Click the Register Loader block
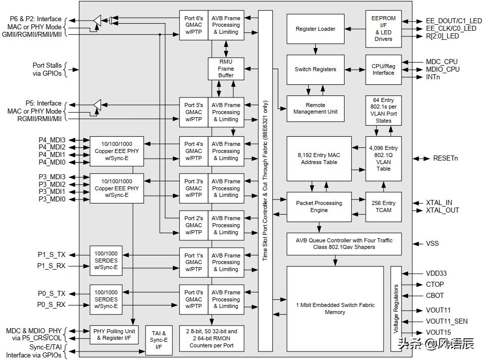[x=315, y=29]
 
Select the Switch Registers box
[x=315, y=69]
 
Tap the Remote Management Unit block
[x=315, y=109]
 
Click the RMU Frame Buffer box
[x=226, y=69]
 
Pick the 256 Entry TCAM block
[x=383, y=207]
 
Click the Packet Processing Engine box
[x=319, y=207]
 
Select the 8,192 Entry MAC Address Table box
[x=319, y=159]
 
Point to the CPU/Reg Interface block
[x=383, y=69]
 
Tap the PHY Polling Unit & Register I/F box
[x=114, y=335]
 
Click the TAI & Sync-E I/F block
[x=159, y=340]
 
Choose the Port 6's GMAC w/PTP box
[x=193, y=25]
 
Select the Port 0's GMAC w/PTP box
[x=193, y=299]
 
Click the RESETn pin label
[x=446, y=158]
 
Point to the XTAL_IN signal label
[x=439, y=202]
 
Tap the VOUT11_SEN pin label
[x=447, y=322]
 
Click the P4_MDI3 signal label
[x=52, y=140]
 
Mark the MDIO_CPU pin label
[x=443, y=69]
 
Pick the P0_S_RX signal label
[x=51, y=305]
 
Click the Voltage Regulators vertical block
[x=396, y=309]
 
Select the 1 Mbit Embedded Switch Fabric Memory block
[x=335, y=309]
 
